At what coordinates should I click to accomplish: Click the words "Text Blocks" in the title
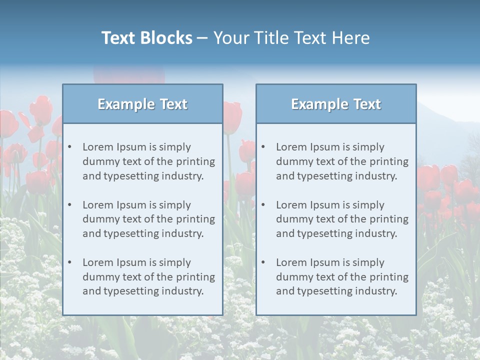(x=146, y=38)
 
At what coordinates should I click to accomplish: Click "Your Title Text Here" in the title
(x=291, y=38)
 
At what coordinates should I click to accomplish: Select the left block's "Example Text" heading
(x=142, y=104)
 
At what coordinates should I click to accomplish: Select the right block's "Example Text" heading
(x=336, y=104)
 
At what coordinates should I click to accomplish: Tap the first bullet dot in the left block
(x=69, y=147)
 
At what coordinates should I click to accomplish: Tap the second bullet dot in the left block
(x=69, y=205)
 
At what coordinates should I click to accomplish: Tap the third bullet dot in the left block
(x=69, y=262)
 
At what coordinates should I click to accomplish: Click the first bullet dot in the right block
(x=263, y=147)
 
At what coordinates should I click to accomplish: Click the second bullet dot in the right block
(x=263, y=205)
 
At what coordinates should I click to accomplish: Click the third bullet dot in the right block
(x=263, y=262)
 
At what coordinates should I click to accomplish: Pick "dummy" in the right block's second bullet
(x=292, y=219)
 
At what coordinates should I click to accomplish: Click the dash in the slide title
(x=202, y=38)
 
